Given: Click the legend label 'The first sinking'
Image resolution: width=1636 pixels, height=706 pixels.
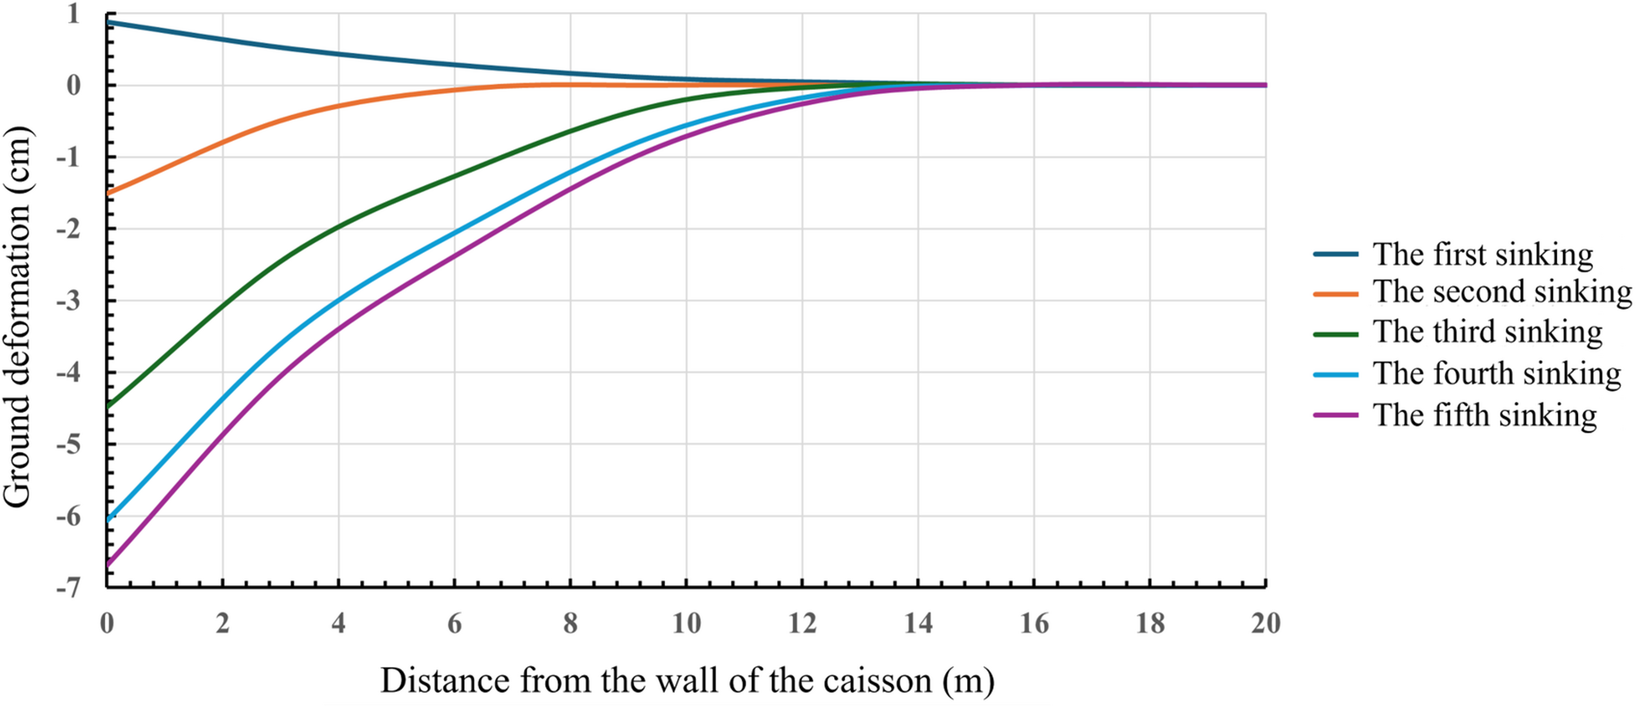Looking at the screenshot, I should tap(1482, 254).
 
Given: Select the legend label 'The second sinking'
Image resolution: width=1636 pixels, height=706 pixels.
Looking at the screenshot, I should tap(1502, 292).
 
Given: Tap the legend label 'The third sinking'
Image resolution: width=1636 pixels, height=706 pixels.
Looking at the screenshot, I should tap(1487, 333).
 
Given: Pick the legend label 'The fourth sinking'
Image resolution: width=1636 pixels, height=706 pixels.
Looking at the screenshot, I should tap(1496, 373).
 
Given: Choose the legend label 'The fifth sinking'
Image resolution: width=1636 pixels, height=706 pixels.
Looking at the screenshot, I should tap(1484, 415).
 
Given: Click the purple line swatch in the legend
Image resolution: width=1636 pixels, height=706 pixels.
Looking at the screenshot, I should tap(1336, 415).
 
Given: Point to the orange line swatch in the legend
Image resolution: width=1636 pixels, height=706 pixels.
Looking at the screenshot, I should tap(1336, 293).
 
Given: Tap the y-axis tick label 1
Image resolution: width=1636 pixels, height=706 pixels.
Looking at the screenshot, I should tap(73, 14).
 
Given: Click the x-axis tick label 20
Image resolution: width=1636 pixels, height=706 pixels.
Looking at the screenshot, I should tap(1265, 624).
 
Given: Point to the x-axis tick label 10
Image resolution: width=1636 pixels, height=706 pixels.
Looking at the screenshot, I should tap(686, 624).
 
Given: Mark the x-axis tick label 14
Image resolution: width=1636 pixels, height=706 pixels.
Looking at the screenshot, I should tap(918, 624).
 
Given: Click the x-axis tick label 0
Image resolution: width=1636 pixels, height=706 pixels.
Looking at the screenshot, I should tap(107, 624).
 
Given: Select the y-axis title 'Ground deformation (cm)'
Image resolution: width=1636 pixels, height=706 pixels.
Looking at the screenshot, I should tap(16, 317).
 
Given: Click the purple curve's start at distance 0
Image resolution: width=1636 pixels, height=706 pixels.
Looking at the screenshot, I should tap(108, 563).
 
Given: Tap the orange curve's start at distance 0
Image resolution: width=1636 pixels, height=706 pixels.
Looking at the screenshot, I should tap(108, 192).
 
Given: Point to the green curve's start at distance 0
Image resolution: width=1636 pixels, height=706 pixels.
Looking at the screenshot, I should tap(108, 405).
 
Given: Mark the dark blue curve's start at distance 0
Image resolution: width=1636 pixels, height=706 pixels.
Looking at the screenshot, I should tap(108, 22).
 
